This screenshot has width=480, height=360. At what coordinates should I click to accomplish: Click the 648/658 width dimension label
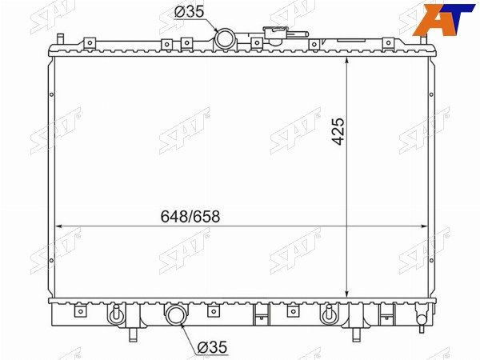click(190, 217)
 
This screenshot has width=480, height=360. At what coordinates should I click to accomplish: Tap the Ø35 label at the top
click(189, 12)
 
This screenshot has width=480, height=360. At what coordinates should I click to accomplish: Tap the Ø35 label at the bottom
click(212, 347)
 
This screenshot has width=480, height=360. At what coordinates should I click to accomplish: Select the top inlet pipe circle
click(225, 38)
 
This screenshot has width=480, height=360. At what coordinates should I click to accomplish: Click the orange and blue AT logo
click(443, 19)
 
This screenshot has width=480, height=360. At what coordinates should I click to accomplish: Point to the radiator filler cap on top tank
click(275, 33)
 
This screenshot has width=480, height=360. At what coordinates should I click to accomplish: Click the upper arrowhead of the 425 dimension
click(346, 61)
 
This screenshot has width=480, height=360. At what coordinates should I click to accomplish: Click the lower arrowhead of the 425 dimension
click(346, 294)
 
